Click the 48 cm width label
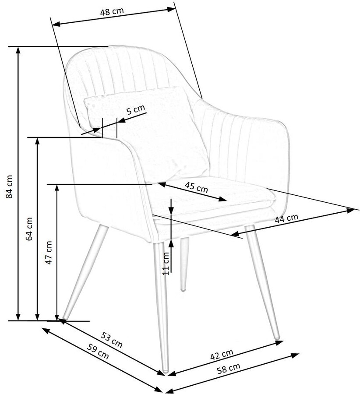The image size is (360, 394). [x=111, y=12]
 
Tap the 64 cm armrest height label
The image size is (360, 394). [x=30, y=229]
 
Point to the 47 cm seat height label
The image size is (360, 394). [x=49, y=252]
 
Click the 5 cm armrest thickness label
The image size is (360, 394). [x=135, y=110]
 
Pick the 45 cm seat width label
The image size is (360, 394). [x=196, y=187]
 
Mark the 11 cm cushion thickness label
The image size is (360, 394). [x=166, y=264]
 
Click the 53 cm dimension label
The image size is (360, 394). [x=112, y=340]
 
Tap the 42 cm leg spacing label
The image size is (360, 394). [x=221, y=354]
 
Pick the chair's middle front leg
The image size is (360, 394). [x=162, y=306]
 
